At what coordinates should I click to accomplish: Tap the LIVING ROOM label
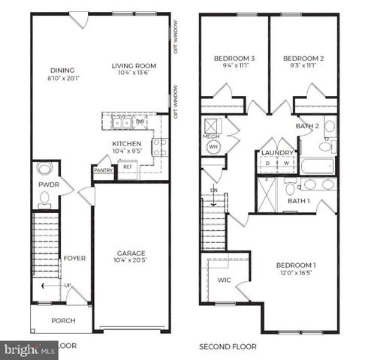pos(134,65)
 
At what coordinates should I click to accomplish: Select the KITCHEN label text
pos(127,142)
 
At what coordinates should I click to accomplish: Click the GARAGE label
pos(131,253)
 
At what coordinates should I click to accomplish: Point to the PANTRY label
pos(104,170)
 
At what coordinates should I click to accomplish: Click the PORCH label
pos(63,320)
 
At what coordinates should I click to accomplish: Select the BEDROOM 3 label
pos(235,58)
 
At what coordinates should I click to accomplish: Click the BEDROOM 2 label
pos(303,58)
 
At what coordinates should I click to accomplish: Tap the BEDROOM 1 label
pos(296,265)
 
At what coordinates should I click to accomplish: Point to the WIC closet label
pos(224,280)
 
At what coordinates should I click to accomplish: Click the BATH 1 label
pos(299,201)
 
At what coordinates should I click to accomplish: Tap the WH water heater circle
pos(213,147)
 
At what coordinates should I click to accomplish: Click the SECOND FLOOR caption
pos(228,347)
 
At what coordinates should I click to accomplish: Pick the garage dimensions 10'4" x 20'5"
pos(131,261)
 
